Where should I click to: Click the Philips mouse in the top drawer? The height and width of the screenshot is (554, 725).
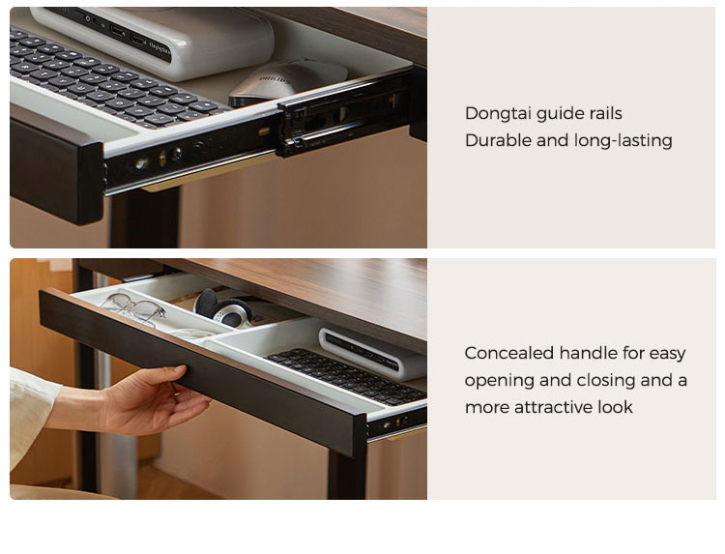288,81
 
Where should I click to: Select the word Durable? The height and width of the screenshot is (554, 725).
498,140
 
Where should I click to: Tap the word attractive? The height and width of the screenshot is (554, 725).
554,407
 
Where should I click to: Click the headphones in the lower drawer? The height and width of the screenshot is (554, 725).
224,309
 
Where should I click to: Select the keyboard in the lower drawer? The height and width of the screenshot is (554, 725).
346,375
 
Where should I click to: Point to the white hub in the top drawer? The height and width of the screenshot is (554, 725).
153,42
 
